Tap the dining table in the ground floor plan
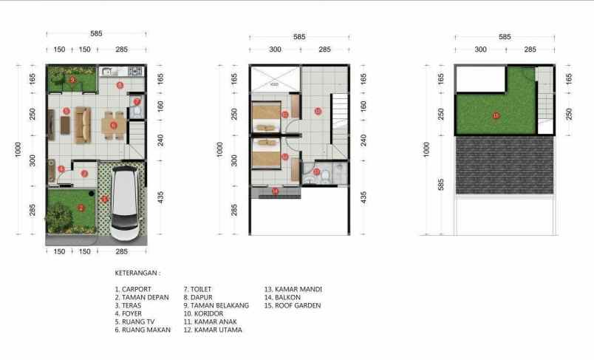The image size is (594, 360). pos(113,125)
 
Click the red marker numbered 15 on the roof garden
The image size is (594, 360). pos(496,115)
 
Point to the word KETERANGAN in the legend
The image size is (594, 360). pos(137,272)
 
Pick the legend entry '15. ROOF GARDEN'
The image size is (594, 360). pos(293,305)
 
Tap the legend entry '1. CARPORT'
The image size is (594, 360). pos(133,289)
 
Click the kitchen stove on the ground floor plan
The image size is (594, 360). pos(134,71)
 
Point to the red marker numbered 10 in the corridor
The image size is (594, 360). pos(318,112)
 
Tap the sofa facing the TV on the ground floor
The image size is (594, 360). pos(83,123)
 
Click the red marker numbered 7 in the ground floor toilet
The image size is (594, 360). pos(137,101)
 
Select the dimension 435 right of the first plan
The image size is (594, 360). pos(160,197)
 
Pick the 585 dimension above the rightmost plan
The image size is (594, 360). pos(505,37)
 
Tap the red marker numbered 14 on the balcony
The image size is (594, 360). pos(275,192)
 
